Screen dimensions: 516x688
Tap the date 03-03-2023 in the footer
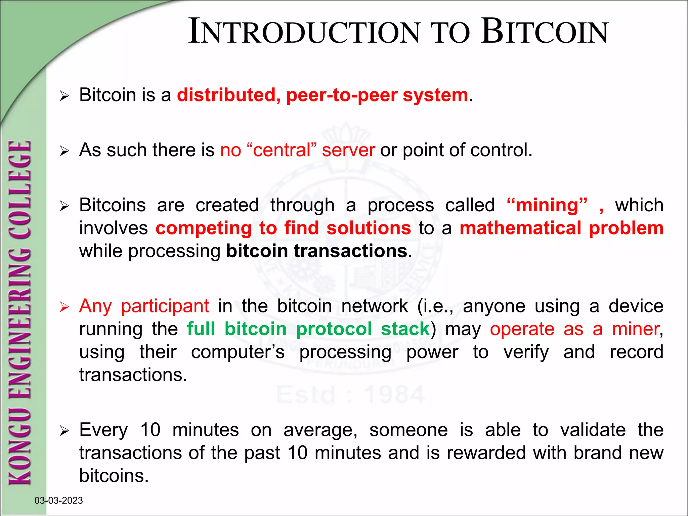59,501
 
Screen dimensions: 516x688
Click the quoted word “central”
282,150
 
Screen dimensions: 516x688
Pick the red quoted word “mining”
547,205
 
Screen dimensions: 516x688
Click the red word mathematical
520,228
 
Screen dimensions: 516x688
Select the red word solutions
369,228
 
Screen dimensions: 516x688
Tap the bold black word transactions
350,251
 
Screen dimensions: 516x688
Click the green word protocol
334,329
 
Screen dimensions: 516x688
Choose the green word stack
405,329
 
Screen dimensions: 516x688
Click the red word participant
165,306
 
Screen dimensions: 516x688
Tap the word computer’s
238,352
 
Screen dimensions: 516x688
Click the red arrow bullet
64,307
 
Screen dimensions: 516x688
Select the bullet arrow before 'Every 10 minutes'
64,430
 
